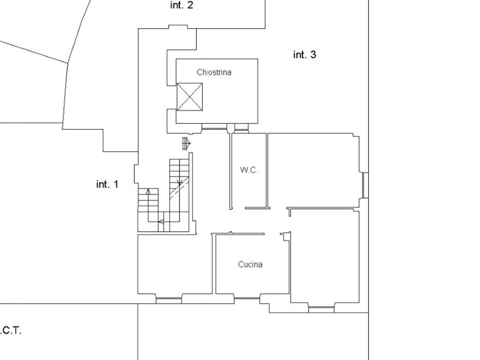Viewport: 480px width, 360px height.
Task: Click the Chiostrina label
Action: coord(214,72)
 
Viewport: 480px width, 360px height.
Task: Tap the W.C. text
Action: coord(249,170)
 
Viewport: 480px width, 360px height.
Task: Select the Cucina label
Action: coord(250,264)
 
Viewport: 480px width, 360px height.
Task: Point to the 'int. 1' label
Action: coord(107,184)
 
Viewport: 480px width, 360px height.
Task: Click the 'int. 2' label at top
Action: coord(182,6)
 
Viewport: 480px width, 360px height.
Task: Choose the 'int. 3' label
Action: coord(304,55)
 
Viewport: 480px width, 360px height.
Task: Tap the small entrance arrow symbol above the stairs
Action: coord(186,143)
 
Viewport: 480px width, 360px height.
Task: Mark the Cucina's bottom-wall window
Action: coord(247,296)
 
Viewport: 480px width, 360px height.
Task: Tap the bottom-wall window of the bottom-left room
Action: coord(169,298)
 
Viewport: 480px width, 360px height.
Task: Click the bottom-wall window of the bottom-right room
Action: coord(322,310)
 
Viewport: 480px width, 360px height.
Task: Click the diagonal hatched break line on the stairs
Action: coord(178,190)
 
